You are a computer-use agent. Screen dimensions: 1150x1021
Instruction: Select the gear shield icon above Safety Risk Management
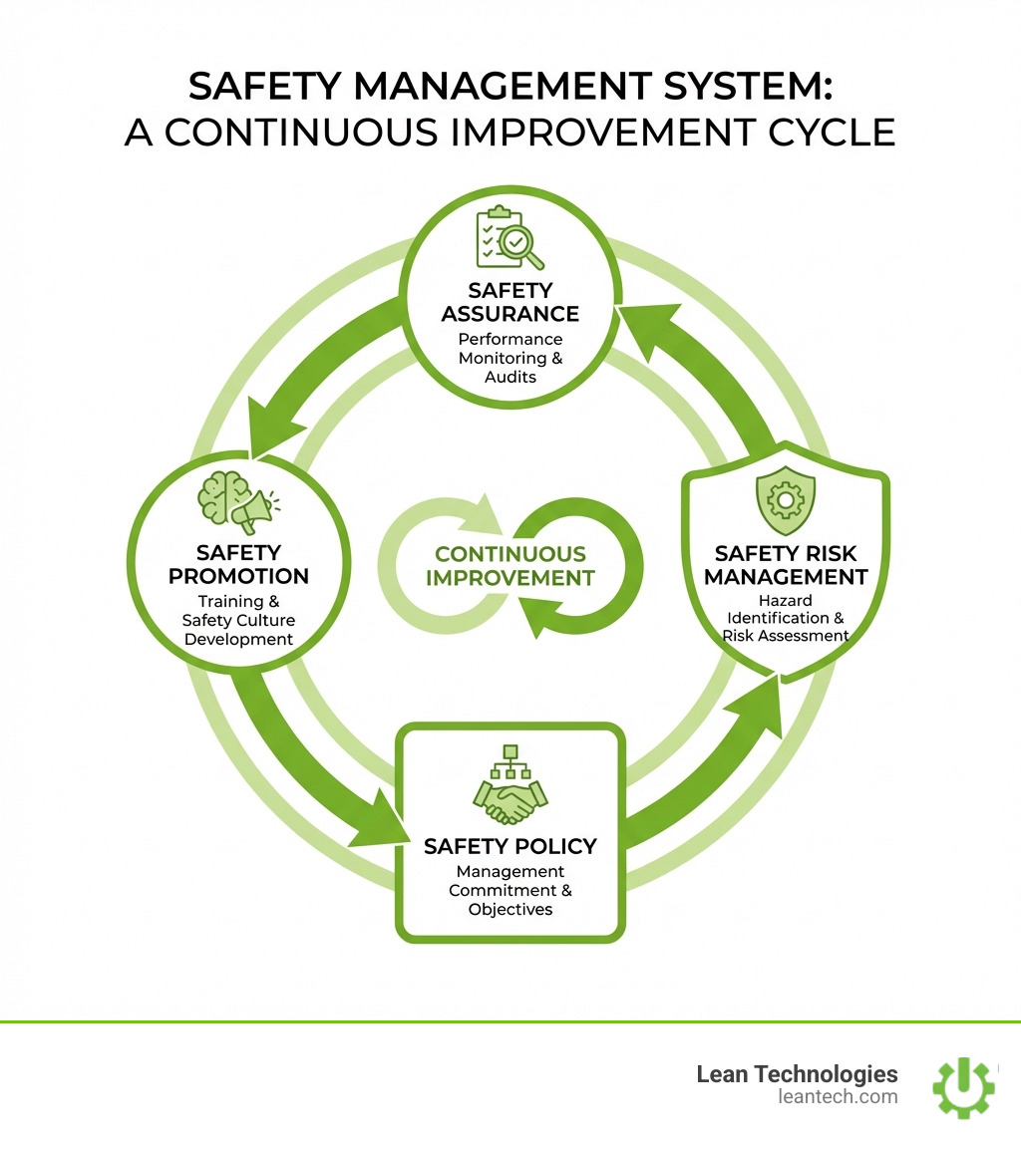tap(785, 503)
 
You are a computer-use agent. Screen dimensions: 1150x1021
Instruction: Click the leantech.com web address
tap(837, 1097)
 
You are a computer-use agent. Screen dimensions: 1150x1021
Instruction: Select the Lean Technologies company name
tap(797, 1073)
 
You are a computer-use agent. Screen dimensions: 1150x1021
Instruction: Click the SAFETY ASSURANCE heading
tap(510, 302)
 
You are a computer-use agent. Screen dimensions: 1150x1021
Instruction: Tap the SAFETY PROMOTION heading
tap(238, 564)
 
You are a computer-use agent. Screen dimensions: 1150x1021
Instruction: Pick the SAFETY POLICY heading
tap(510, 846)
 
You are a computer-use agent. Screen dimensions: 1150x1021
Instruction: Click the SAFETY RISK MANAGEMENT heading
tap(785, 564)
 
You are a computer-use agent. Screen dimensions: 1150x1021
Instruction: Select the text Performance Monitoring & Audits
tap(510, 358)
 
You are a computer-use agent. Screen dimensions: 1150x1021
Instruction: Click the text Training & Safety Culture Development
tap(238, 620)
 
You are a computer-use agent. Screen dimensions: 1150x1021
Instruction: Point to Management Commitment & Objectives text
tap(510, 891)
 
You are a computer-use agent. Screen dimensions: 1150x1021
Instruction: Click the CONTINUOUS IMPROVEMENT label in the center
tap(510, 566)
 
